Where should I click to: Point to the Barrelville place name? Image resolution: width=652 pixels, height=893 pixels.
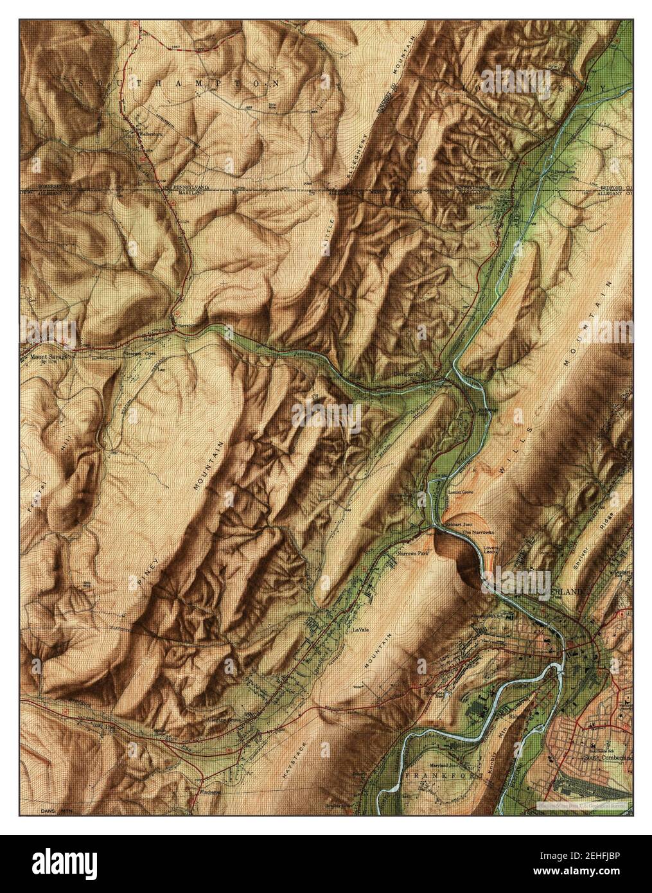click(x=184, y=326)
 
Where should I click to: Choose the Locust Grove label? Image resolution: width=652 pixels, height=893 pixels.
click(x=460, y=493)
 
